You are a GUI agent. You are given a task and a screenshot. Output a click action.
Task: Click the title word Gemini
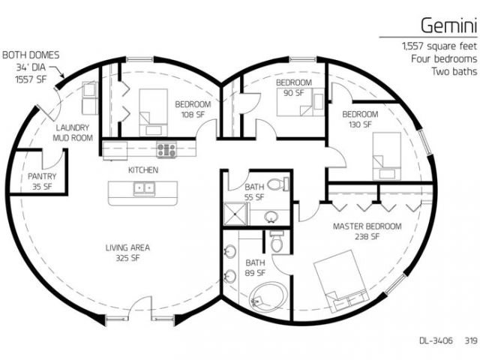coord(448,25)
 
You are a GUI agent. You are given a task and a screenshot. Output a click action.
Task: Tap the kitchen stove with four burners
coord(166,150)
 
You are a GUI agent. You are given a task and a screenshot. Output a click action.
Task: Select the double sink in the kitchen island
coord(144,189)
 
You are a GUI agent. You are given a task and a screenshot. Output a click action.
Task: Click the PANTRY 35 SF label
coord(42,181)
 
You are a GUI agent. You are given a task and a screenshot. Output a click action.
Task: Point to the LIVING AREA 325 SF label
coord(127,253)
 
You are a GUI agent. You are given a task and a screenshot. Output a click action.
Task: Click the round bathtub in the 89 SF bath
coord(268,297)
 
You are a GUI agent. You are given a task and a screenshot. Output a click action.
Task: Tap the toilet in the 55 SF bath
coord(278,184)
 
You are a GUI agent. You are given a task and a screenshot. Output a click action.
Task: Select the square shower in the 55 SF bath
coord(235,214)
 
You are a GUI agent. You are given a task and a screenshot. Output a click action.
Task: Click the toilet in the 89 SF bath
coord(277,241)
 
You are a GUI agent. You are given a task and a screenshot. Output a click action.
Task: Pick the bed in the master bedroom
coord(340,281)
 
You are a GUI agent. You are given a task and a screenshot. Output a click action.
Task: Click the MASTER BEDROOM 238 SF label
coord(367,231)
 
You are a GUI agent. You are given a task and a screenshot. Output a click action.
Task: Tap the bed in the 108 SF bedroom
coord(153,112)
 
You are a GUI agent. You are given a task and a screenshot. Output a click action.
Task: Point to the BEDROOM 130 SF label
coord(360,119)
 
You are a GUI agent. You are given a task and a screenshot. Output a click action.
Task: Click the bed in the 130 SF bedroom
coord(387,156)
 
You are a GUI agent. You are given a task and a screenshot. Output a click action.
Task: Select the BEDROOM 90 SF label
coord(294,87)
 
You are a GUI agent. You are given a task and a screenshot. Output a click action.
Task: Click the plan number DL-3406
coord(436,340)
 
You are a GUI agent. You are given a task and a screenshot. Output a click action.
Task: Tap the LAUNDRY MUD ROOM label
coord(73,133)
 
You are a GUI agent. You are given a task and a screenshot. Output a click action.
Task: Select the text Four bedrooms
coord(444,58)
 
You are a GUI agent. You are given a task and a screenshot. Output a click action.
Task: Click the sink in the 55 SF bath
coord(271,217)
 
